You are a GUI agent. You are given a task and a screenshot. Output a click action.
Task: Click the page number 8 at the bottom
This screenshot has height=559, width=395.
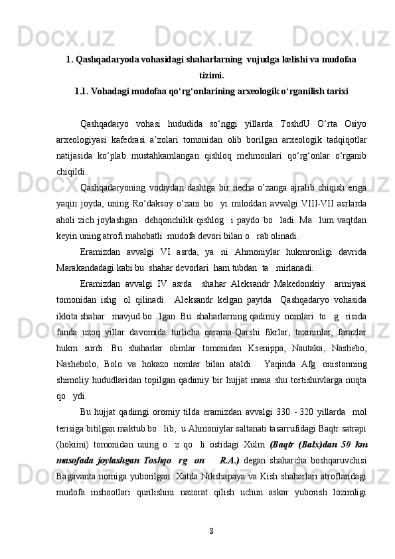coord(210,530)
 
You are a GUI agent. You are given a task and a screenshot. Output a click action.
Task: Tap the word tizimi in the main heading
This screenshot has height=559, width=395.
coord(211,76)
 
